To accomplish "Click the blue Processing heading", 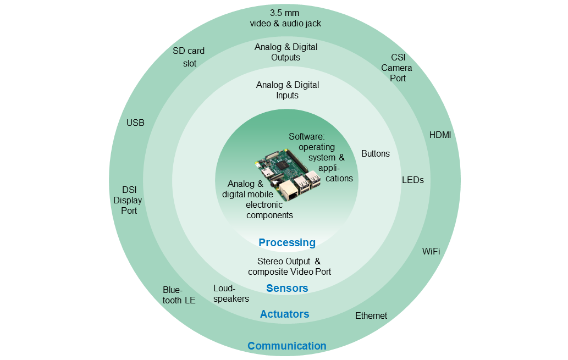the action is (287, 242).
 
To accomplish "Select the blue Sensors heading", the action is (287, 288).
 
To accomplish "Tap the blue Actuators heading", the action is (284, 314).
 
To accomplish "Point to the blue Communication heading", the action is (286, 346).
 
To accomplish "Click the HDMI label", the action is (440, 135).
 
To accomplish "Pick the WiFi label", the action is (431, 251).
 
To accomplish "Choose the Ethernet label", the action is (371, 315).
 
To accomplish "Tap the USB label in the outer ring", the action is (135, 123).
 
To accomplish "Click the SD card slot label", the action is (189, 57).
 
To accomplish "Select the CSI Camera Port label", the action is (396, 68).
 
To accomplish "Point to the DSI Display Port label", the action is (128, 200).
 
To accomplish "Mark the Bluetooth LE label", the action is (179, 295).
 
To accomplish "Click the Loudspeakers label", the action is (231, 293).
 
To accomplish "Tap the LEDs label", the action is (413, 180).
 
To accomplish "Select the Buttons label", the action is (376, 153).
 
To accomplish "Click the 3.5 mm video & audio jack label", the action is (285, 18).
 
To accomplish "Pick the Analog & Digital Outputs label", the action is (286, 52).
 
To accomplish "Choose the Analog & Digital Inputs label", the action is (288, 90).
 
